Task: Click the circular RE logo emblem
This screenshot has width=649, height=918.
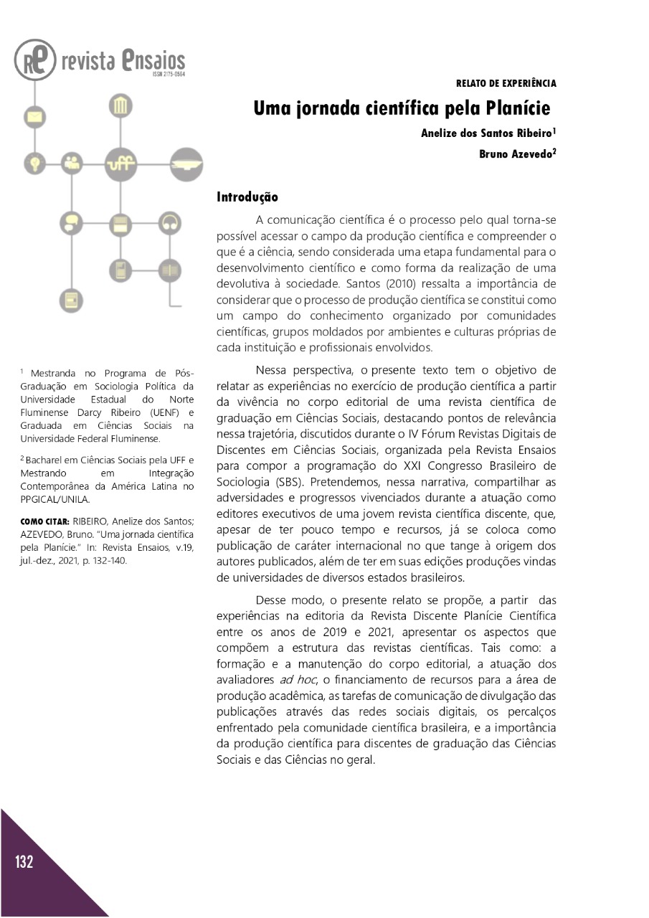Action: (34, 60)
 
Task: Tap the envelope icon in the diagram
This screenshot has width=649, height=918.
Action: (34, 115)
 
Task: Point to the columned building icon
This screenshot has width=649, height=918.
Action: (120, 107)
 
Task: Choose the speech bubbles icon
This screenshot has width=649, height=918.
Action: (71, 222)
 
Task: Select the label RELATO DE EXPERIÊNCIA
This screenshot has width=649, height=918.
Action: (506, 84)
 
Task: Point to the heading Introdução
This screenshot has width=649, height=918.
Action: (247, 197)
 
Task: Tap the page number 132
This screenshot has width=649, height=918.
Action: (24, 862)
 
